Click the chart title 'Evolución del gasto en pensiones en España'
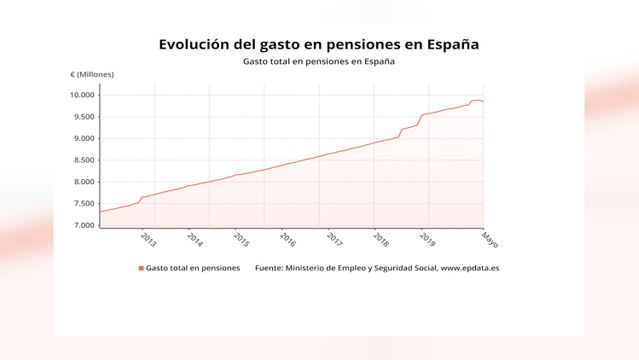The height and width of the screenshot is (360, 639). (x=319, y=44)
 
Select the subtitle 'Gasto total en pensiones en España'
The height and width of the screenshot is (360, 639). (x=319, y=62)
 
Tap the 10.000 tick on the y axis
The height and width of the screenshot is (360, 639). (x=83, y=95)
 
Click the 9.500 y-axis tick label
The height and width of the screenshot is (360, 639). (x=83, y=117)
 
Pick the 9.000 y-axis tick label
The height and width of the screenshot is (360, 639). (x=83, y=139)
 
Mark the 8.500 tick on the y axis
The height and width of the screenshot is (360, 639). (x=83, y=160)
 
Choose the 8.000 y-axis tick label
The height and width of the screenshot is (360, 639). (x=83, y=182)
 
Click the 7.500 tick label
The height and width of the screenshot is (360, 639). (x=83, y=204)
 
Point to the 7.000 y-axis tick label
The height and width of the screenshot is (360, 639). (x=83, y=225)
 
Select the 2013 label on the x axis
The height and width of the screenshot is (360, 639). (x=148, y=239)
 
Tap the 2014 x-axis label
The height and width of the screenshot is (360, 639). (x=194, y=239)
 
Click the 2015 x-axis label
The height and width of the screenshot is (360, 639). (x=241, y=239)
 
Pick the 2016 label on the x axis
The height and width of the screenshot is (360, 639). (x=288, y=239)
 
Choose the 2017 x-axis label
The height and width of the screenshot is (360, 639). (x=334, y=239)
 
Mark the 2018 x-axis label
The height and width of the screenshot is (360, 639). (x=381, y=239)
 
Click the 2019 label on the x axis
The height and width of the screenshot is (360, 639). (x=427, y=239)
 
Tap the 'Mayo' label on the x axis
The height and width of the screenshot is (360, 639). (x=489, y=240)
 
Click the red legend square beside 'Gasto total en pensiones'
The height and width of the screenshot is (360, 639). (x=140, y=269)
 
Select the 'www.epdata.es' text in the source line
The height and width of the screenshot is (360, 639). (x=469, y=269)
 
